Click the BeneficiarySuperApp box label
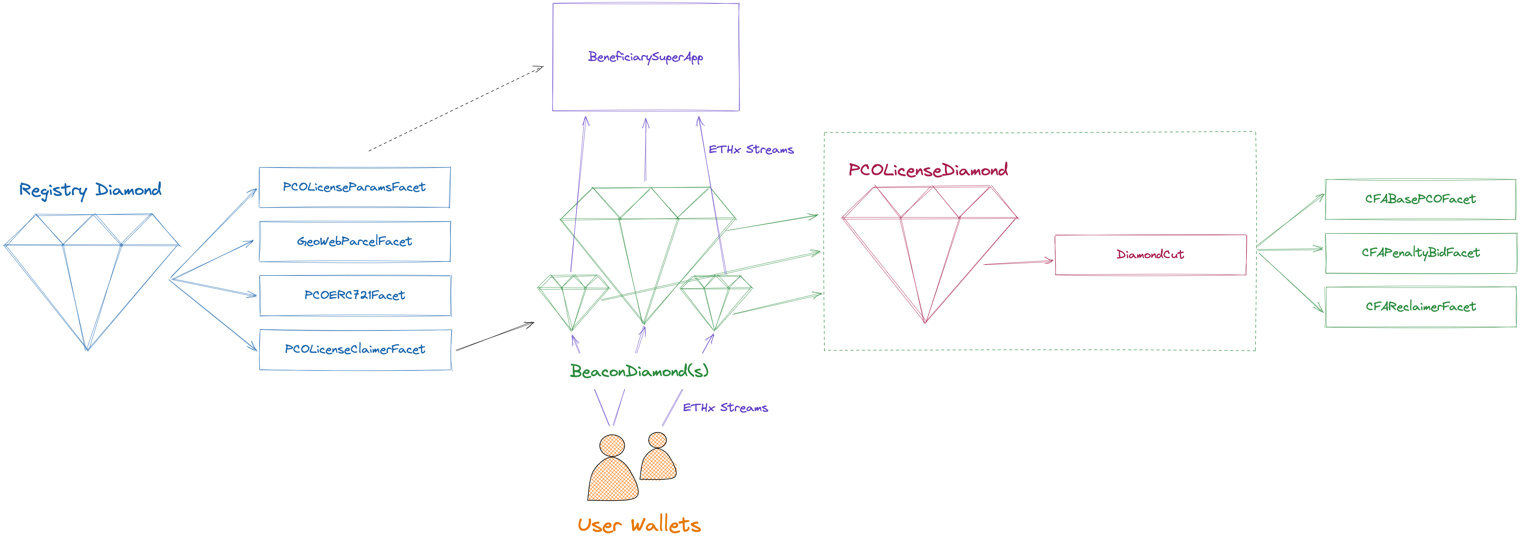click(x=645, y=57)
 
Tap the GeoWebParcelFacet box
click(x=355, y=241)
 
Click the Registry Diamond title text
click(x=90, y=190)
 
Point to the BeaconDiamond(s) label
click(x=639, y=371)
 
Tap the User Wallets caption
click(x=639, y=524)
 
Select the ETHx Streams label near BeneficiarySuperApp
click(x=751, y=150)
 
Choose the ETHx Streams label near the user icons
click(x=725, y=408)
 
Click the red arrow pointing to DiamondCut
click(x=1018, y=262)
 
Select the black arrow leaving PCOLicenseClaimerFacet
click(x=494, y=336)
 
